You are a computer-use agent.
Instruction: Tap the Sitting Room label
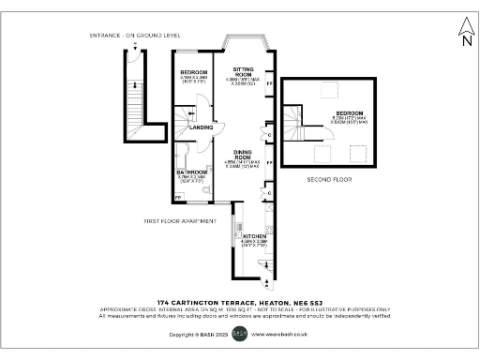tap(244, 70)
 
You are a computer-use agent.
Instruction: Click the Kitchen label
tap(250, 235)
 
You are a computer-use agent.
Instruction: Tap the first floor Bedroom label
tap(194, 72)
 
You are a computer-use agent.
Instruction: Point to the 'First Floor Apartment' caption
tap(181, 221)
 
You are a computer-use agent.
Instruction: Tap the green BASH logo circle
tap(239, 333)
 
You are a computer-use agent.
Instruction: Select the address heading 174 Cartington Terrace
tap(239, 301)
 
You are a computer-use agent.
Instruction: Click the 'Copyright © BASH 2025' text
tap(198, 334)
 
